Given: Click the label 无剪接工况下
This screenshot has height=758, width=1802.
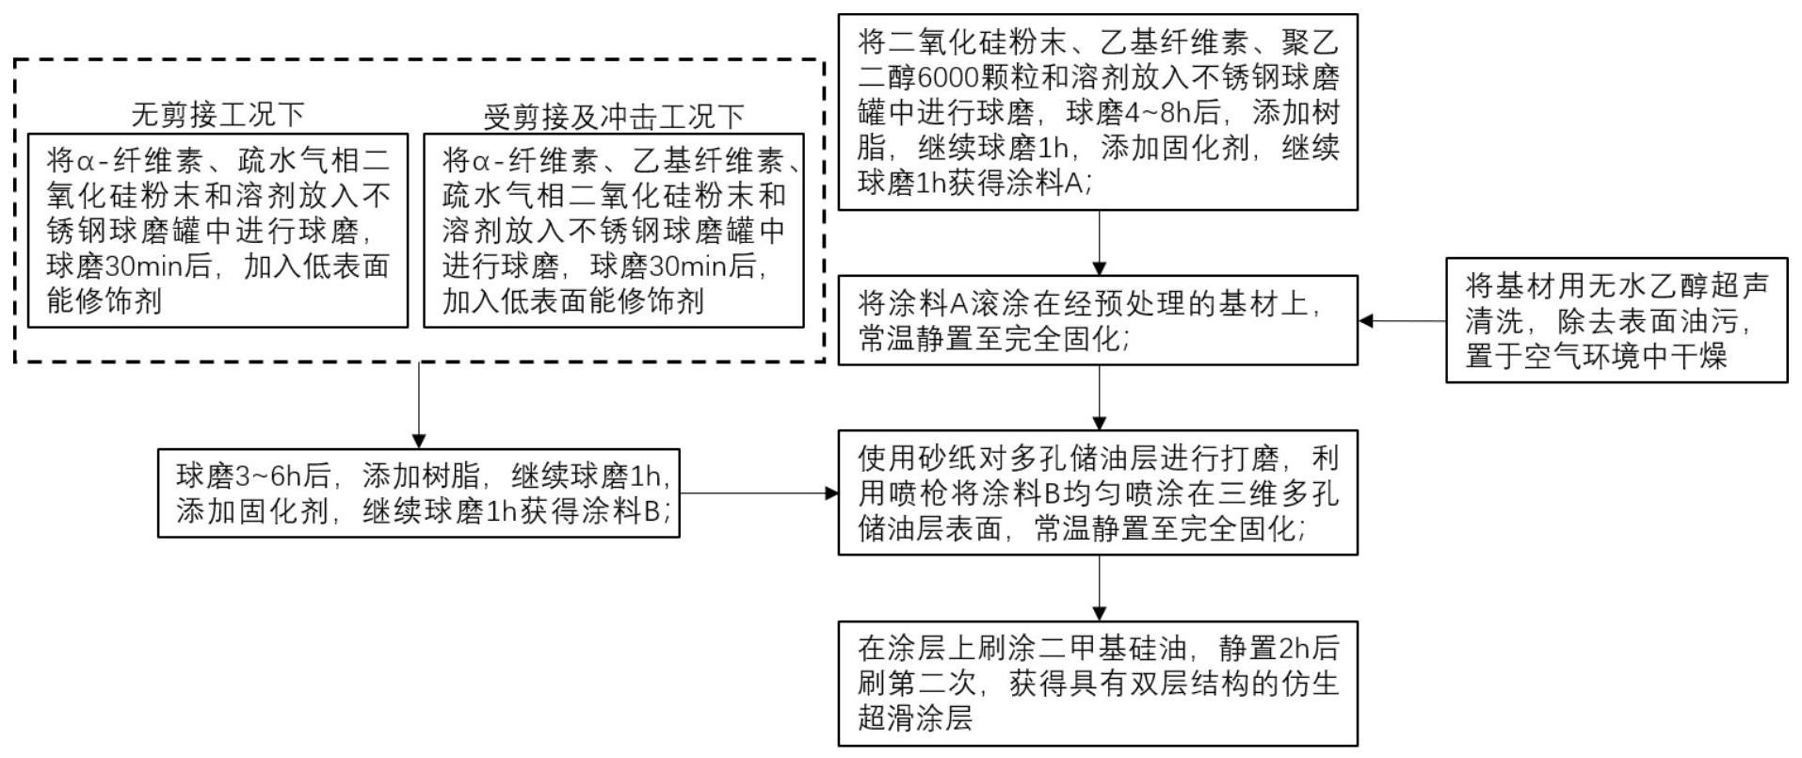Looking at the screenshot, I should tap(217, 115).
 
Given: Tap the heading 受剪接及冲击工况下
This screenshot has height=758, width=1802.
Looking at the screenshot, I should tap(613, 117).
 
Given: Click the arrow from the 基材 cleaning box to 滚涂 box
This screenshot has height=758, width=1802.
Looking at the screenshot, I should tap(1402, 321).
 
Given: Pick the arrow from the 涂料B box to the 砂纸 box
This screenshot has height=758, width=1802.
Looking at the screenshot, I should tap(759, 492).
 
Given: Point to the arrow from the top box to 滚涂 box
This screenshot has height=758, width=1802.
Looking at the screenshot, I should tap(1099, 242).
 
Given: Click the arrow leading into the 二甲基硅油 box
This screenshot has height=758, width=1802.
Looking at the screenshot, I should tap(1099, 588).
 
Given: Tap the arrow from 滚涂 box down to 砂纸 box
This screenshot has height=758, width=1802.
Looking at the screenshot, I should tap(1099, 397).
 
